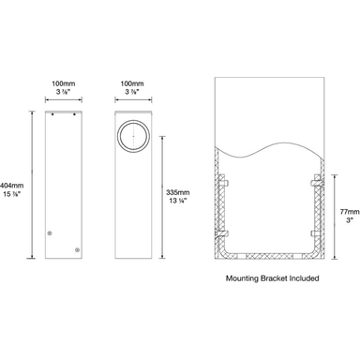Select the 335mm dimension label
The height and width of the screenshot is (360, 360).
[x=178, y=192]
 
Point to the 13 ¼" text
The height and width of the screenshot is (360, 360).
[x=178, y=202]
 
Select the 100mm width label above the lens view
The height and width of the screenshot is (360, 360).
[x=131, y=83]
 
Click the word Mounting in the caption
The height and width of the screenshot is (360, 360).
[x=246, y=278]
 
